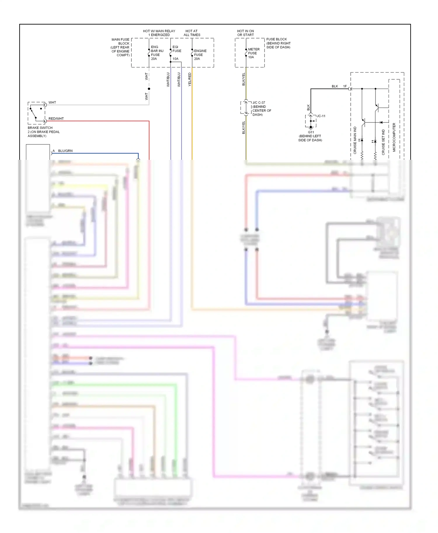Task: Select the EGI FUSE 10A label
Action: (x=176, y=53)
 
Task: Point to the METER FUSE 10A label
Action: (x=253, y=53)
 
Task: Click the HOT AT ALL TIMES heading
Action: (x=192, y=33)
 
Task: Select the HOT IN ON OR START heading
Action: (x=245, y=33)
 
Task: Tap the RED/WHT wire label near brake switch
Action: (x=56, y=119)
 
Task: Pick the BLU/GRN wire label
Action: (x=65, y=151)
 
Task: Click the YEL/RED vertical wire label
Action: (x=190, y=79)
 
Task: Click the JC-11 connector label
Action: (x=321, y=116)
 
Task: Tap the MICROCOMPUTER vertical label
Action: (x=394, y=137)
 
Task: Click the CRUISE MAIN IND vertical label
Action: (x=355, y=140)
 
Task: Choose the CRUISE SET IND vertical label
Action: (x=383, y=142)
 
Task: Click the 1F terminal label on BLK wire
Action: (x=345, y=86)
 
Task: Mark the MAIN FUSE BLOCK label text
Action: (x=120, y=47)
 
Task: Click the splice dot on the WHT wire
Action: (x=149, y=89)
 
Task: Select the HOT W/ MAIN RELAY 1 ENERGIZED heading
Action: (x=159, y=33)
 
